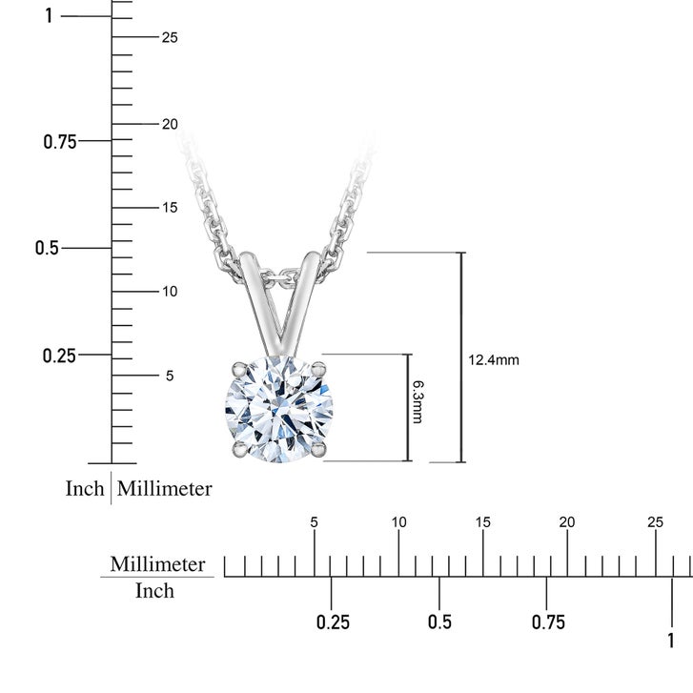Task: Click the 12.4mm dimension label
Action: (x=494, y=360)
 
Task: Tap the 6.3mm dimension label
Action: (x=418, y=401)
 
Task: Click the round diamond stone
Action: (x=279, y=409)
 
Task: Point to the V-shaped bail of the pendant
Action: (x=279, y=304)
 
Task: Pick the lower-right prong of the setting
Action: (x=318, y=449)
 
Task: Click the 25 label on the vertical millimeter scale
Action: (x=170, y=37)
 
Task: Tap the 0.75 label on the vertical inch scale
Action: (x=60, y=142)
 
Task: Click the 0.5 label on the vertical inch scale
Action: (x=47, y=248)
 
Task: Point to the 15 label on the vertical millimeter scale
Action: (x=170, y=207)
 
